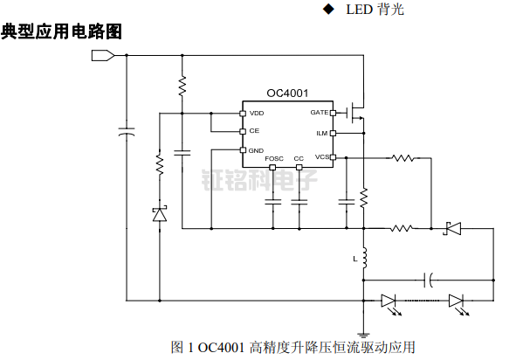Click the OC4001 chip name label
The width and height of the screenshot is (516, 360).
click(286, 93)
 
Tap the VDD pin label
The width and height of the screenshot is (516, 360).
click(257, 114)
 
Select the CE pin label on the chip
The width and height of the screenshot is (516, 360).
click(254, 131)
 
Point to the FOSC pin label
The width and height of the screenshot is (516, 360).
click(275, 159)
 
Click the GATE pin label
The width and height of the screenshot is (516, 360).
click(319, 114)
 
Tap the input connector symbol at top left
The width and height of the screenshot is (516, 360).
click(103, 57)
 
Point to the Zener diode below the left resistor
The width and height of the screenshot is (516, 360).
click(160, 213)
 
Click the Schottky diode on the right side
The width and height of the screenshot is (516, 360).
click(452, 229)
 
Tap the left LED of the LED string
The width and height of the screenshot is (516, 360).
click(389, 301)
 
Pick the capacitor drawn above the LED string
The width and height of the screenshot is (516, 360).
click(428, 280)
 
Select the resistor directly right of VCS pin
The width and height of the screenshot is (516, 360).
click(402, 158)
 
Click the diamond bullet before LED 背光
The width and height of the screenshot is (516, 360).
click(328, 10)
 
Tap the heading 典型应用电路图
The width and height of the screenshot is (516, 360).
click(60, 32)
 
